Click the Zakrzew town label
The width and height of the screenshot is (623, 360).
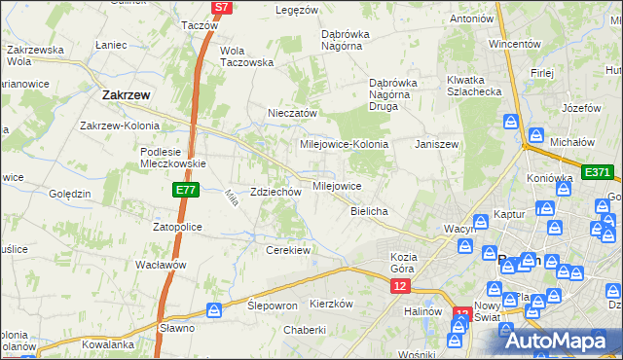pyautogui.click(x=125, y=95)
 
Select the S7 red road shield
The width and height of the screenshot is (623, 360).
pyautogui.click(x=222, y=7)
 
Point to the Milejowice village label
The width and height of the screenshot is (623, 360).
pyautogui.click(x=337, y=185)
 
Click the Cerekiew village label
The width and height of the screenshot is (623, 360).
pyautogui.click(x=287, y=250)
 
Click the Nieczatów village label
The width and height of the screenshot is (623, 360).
pyautogui.click(x=293, y=113)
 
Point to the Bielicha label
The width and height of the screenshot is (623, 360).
pyautogui.click(x=369, y=211)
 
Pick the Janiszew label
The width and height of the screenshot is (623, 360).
pyautogui.click(x=436, y=143)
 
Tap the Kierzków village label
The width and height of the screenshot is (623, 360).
pyautogui.click(x=330, y=304)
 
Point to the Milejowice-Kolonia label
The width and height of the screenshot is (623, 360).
pyautogui.click(x=345, y=143)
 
